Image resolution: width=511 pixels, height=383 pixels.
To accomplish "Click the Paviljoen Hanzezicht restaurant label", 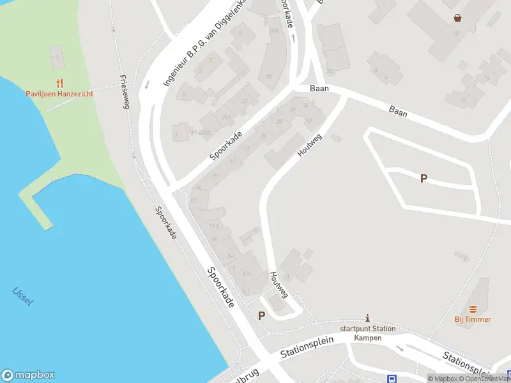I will [x=59, y=94].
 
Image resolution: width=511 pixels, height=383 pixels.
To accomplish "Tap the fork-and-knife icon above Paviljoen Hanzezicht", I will [x=59, y=83].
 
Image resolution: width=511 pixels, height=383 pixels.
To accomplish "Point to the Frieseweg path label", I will [x=125, y=92].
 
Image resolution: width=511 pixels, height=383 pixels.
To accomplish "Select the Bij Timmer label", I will [x=473, y=319].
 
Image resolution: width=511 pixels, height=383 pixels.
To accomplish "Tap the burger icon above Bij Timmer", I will [x=473, y=309].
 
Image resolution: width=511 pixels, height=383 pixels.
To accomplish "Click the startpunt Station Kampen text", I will [x=367, y=333].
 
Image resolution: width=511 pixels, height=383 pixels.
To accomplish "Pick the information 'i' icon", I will [x=367, y=318].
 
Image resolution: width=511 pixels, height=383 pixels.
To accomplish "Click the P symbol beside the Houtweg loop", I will [x=261, y=315].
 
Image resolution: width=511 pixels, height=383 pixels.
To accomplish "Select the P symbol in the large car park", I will [x=423, y=179].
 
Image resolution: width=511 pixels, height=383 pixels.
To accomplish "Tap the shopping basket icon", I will [x=457, y=18].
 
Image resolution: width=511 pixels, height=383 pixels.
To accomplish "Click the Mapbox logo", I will [x=28, y=375].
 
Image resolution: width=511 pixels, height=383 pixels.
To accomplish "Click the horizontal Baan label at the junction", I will [x=319, y=89].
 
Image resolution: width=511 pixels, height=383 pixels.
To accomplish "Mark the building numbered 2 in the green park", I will [x=57, y=57].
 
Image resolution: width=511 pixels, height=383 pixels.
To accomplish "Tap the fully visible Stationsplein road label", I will [x=307, y=348].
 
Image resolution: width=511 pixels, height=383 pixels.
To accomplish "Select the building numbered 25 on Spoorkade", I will [x=268, y=77].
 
